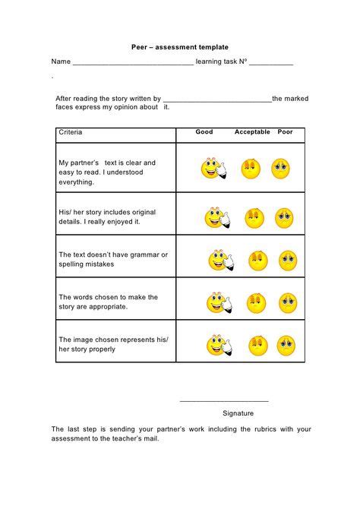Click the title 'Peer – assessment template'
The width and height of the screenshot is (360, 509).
pos(179,47)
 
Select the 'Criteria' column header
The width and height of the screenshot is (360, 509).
pos(71,133)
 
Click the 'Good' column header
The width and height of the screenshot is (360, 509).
pos(204,132)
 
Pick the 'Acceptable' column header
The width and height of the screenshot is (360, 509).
pos(252,132)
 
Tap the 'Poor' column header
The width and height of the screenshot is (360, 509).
pos(285,132)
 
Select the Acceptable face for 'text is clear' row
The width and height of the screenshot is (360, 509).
pos(251,169)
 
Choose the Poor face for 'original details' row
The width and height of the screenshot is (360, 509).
pos(284,218)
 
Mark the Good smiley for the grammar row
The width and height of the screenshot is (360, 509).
pos(219,261)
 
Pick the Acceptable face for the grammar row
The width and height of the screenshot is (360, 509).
pos(258,261)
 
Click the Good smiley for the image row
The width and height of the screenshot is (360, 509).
pos(219,346)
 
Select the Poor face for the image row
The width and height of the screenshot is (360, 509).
pos(285,345)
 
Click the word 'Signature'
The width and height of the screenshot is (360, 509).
pos(238,413)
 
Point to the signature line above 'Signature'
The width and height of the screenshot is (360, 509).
pos(224,400)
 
